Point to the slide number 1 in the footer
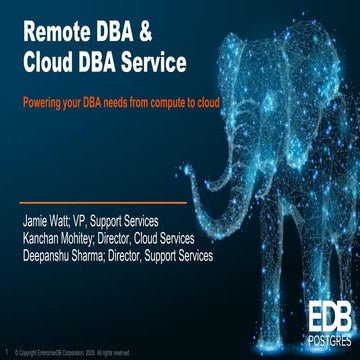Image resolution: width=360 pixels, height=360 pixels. [x=6, y=353]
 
